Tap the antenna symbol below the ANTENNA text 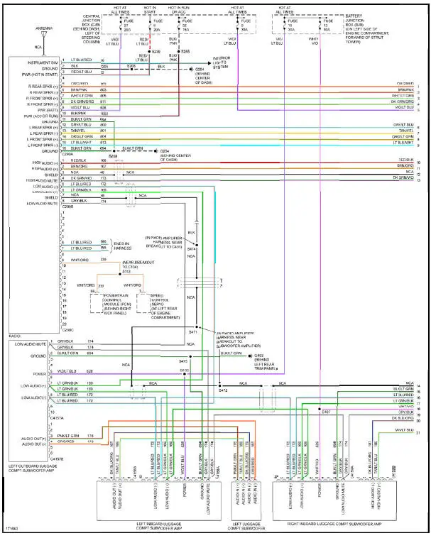point(44,36)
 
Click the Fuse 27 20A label point(127,26)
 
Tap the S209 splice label point(156,52)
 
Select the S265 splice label point(185,52)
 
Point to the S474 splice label point(191,249)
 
